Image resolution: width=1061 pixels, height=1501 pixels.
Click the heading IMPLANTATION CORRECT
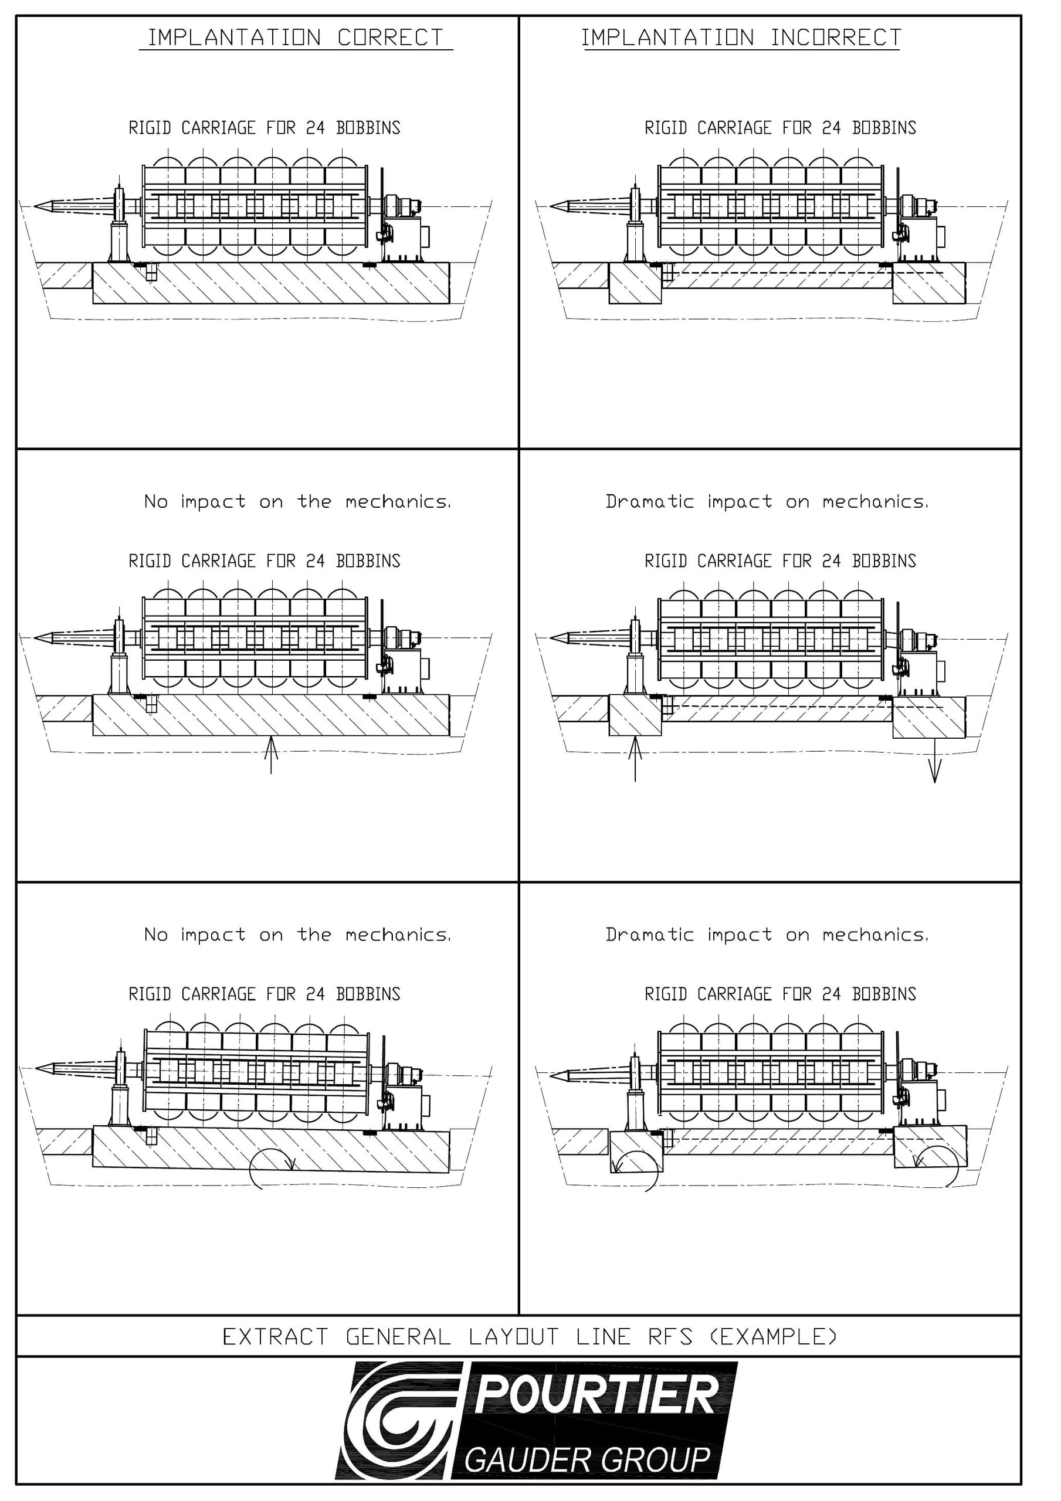pos(296,38)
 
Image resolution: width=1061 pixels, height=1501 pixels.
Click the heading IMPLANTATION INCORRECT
pos(741,38)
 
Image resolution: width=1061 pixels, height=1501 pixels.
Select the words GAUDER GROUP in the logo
pos(588,1460)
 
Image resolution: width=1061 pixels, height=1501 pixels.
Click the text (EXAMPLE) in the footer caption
pos(774,1337)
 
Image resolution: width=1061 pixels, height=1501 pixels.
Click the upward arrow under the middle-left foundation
pos(272,755)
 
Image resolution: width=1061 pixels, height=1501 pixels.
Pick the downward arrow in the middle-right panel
pos(935,760)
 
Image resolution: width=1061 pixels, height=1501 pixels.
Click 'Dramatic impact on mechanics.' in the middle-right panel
pos(767,501)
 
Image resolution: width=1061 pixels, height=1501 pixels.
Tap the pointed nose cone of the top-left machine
pos(42,206)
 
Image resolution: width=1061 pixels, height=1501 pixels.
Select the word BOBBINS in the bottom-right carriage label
pos(884,994)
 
